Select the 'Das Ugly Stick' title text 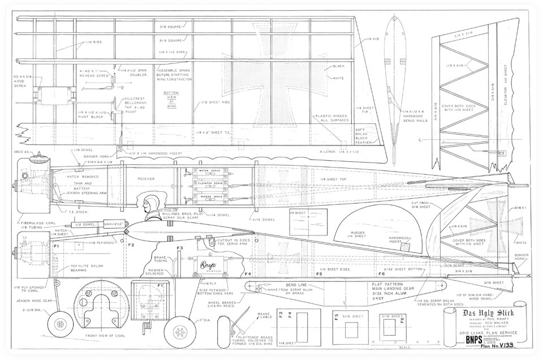pyautogui.click(x=483, y=312)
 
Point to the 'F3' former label pyautogui.click(x=179, y=248)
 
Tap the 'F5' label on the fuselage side pyautogui.click(x=319, y=274)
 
